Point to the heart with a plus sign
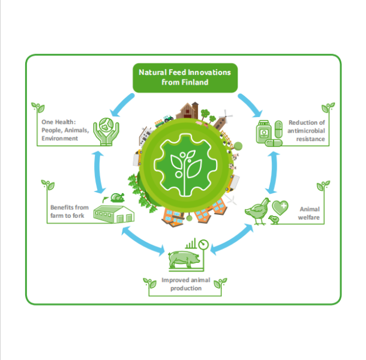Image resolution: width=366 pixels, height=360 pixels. tap(280, 208)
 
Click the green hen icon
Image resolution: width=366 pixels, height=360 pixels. tap(257, 211)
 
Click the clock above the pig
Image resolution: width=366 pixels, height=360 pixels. tap(204, 245)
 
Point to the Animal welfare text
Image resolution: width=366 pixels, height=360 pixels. tap(310, 213)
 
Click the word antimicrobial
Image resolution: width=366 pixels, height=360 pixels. tap(307, 131)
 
